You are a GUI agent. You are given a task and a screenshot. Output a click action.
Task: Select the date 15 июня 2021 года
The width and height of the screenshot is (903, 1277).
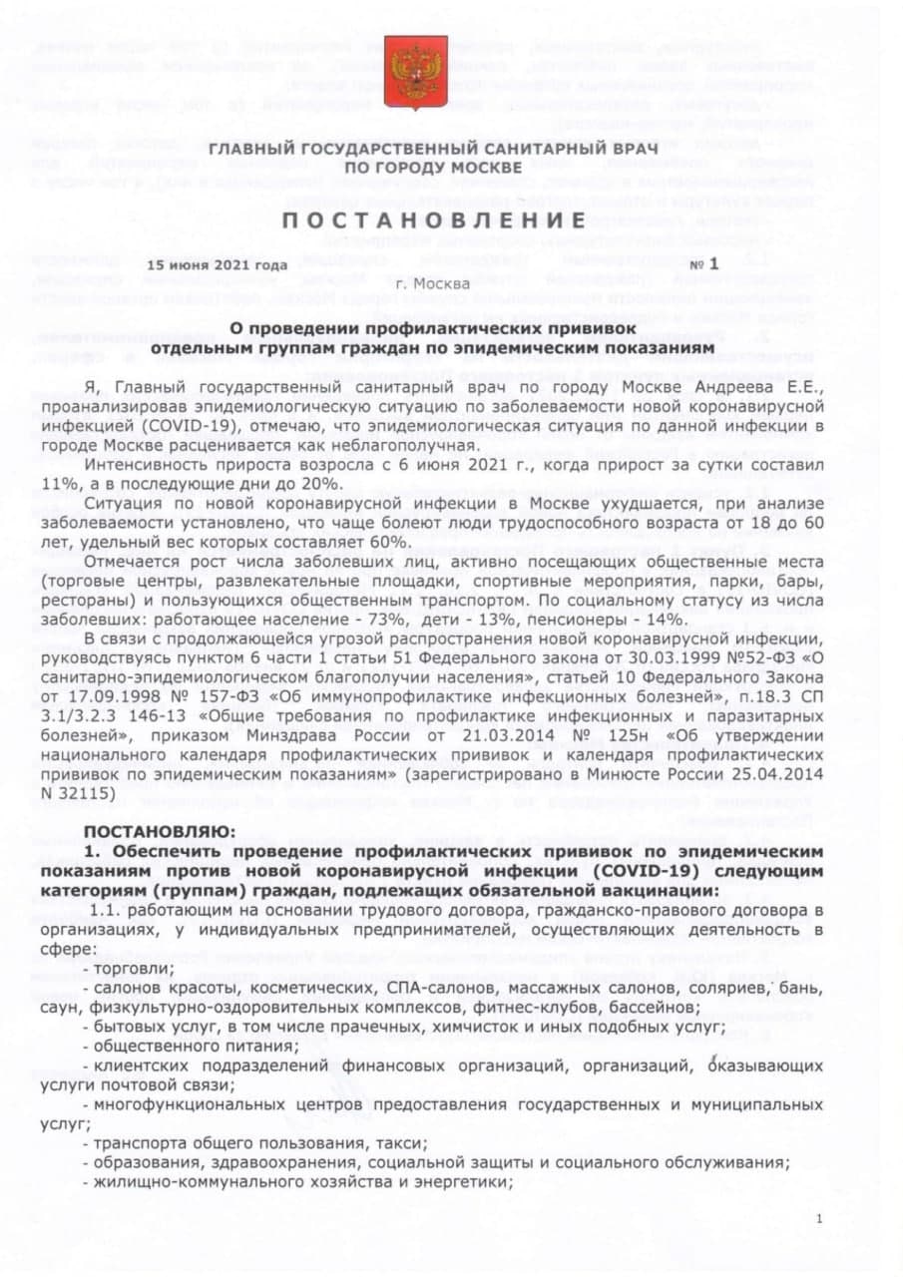coord(216,264)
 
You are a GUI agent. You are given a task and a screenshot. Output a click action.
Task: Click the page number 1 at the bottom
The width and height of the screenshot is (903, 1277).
coord(819,1218)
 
